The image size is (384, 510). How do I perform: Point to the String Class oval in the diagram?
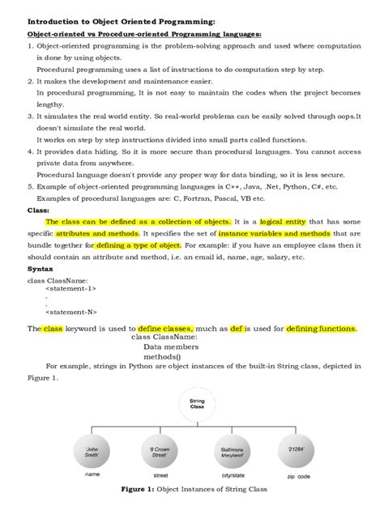[196, 404]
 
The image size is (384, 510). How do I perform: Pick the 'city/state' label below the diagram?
[235, 476]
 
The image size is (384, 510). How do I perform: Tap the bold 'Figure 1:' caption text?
[143, 490]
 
